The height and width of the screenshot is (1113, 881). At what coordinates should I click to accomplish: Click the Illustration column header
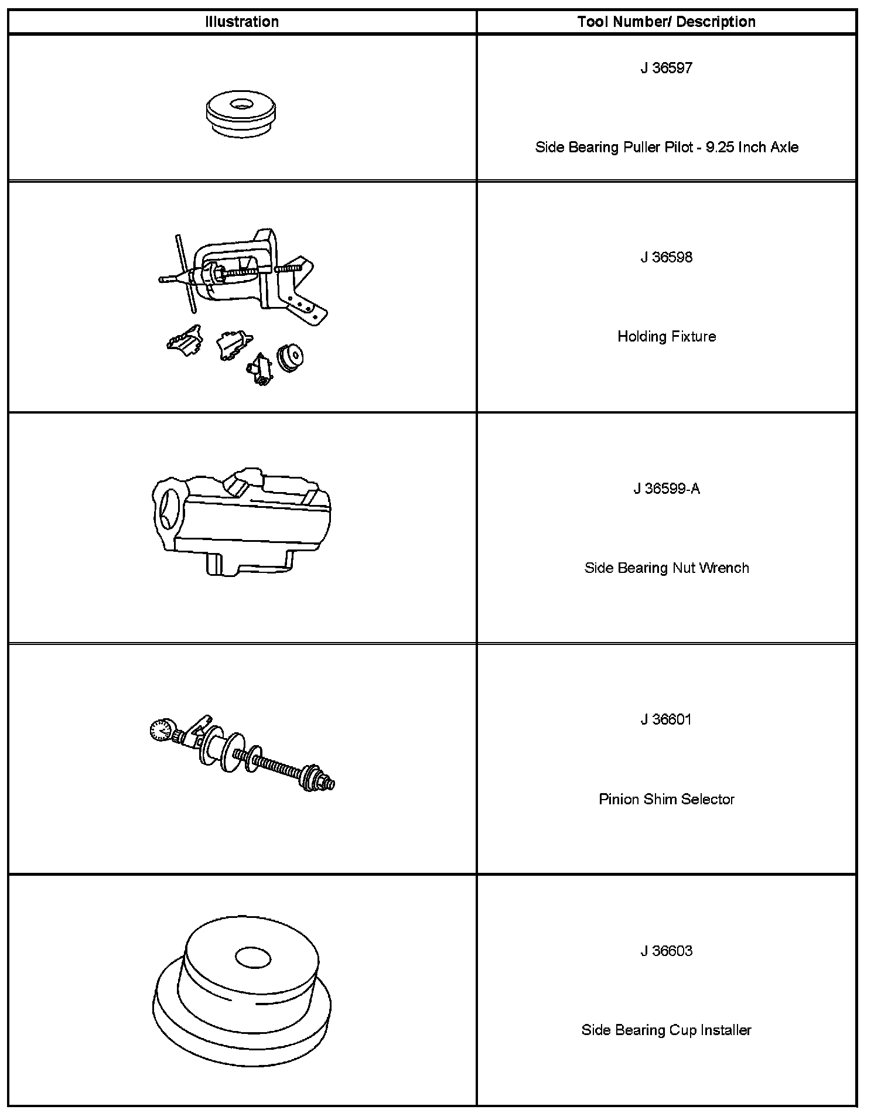click(x=242, y=22)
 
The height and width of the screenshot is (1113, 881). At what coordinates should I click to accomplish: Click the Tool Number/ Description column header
click(x=666, y=22)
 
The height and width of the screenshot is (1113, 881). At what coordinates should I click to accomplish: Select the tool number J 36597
click(x=666, y=68)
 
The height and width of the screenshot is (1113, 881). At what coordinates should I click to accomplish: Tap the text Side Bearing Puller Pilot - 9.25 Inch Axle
click(x=666, y=147)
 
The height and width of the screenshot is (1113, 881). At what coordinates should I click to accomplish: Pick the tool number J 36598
click(x=666, y=257)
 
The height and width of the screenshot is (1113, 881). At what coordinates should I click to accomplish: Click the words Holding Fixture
click(x=666, y=336)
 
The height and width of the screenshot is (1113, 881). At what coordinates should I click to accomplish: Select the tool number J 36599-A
click(x=666, y=489)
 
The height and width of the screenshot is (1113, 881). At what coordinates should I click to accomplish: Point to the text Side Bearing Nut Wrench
click(x=666, y=568)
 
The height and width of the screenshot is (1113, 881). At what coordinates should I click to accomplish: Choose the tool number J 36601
click(x=666, y=719)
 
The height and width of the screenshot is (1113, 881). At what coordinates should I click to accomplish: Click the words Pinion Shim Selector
click(x=666, y=799)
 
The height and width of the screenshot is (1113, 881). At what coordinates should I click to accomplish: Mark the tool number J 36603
click(x=666, y=950)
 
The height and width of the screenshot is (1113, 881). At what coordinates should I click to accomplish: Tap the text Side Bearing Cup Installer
click(x=666, y=1030)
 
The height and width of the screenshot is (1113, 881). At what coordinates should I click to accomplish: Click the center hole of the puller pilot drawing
click(x=240, y=105)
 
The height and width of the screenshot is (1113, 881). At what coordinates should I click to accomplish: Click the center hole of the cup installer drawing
click(x=253, y=958)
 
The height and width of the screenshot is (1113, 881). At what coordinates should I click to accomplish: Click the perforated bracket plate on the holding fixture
click(x=305, y=305)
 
